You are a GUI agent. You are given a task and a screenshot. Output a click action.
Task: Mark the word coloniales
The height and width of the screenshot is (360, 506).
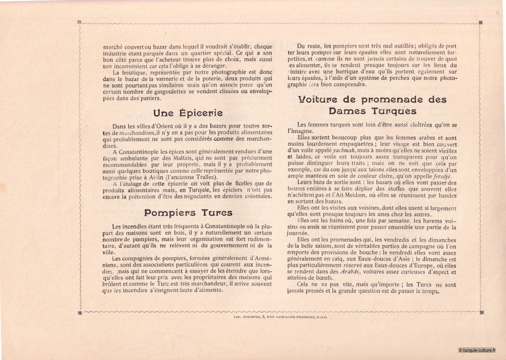(255, 196)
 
